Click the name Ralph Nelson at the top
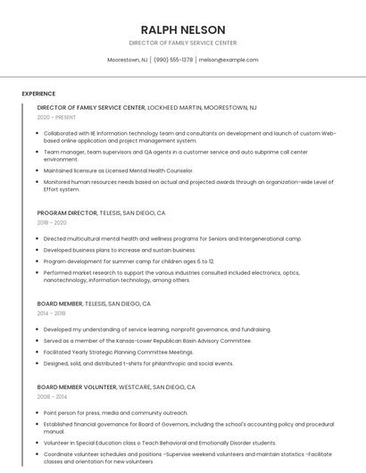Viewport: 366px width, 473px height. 183,29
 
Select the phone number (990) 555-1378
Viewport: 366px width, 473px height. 173,60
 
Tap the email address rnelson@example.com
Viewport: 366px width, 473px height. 229,60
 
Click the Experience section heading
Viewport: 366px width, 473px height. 38,94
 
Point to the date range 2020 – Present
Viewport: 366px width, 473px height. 56,117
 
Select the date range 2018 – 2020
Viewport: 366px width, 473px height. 52,223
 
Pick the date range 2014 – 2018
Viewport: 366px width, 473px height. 52,313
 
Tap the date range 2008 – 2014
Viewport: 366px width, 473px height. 52,397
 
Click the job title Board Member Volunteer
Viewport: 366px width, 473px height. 77,387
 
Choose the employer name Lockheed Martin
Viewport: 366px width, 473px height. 175,107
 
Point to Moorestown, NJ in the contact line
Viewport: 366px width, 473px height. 128,60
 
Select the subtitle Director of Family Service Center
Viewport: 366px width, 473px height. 183,43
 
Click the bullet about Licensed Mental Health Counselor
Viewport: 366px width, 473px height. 119,170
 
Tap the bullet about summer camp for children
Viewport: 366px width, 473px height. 129,261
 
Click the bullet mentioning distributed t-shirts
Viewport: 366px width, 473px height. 138,363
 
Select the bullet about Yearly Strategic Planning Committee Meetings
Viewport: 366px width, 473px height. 119,352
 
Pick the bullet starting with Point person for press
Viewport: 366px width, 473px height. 116,413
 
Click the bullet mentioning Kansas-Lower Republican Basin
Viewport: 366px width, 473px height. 147,340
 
